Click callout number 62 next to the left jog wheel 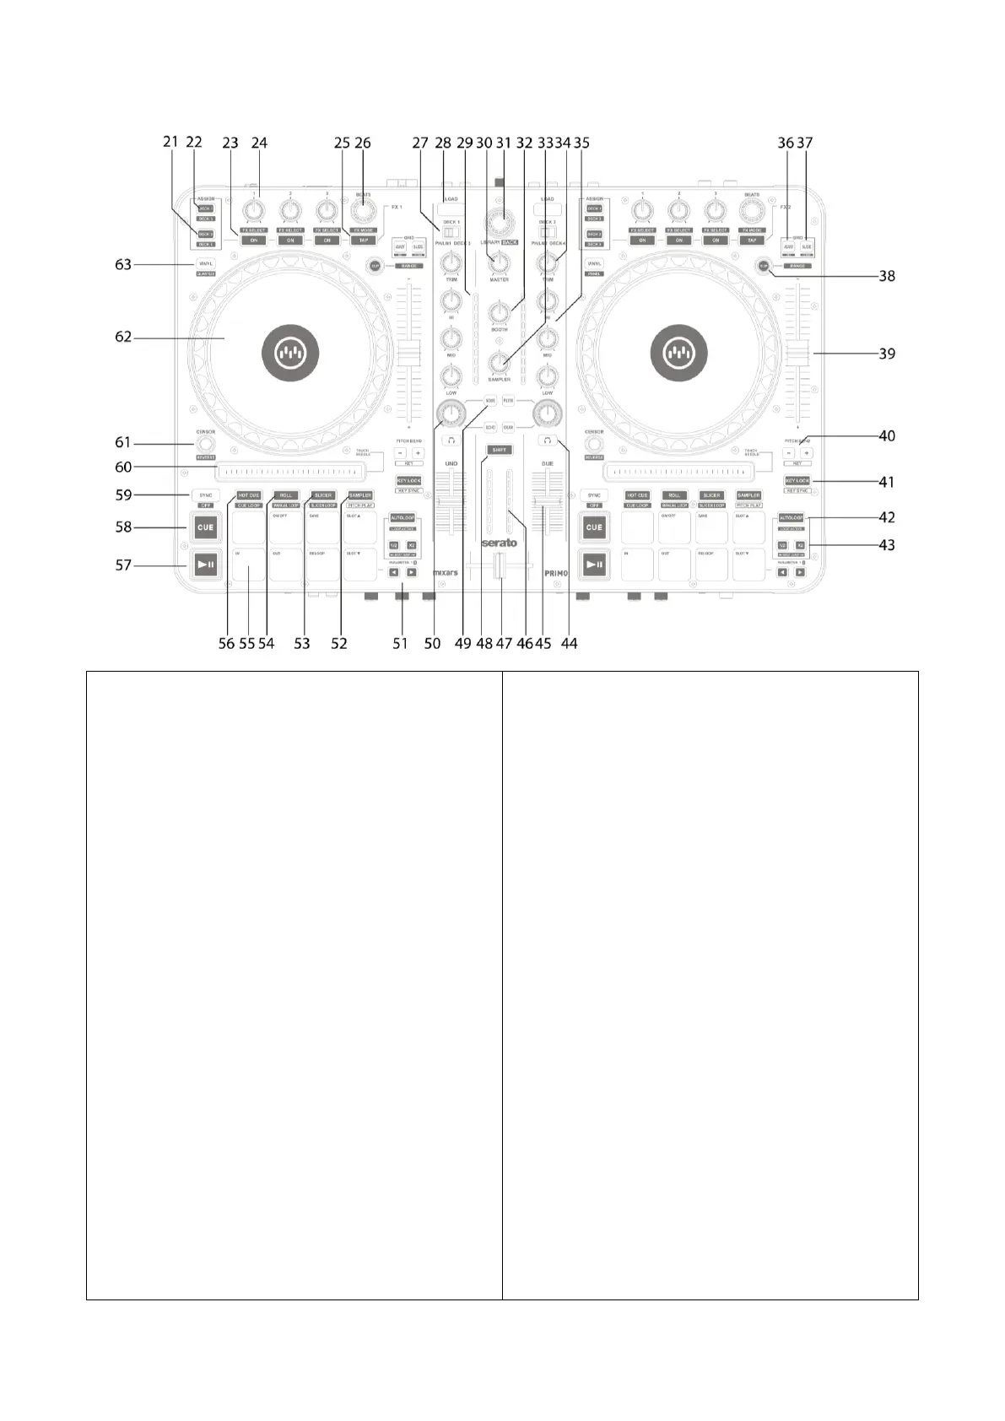(x=123, y=338)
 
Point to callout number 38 (x=887, y=276)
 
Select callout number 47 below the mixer (x=504, y=643)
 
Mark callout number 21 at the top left (x=171, y=143)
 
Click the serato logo (x=499, y=543)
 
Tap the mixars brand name (x=446, y=572)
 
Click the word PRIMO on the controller (x=556, y=572)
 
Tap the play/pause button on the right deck (x=595, y=565)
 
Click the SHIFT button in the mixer (x=499, y=451)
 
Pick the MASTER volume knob (x=499, y=264)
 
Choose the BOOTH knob (x=499, y=314)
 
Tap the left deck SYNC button (x=206, y=495)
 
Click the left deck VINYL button (x=206, y=264)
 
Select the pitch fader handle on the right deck (x=797, y=354)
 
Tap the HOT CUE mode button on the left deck (x=249, y=495)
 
